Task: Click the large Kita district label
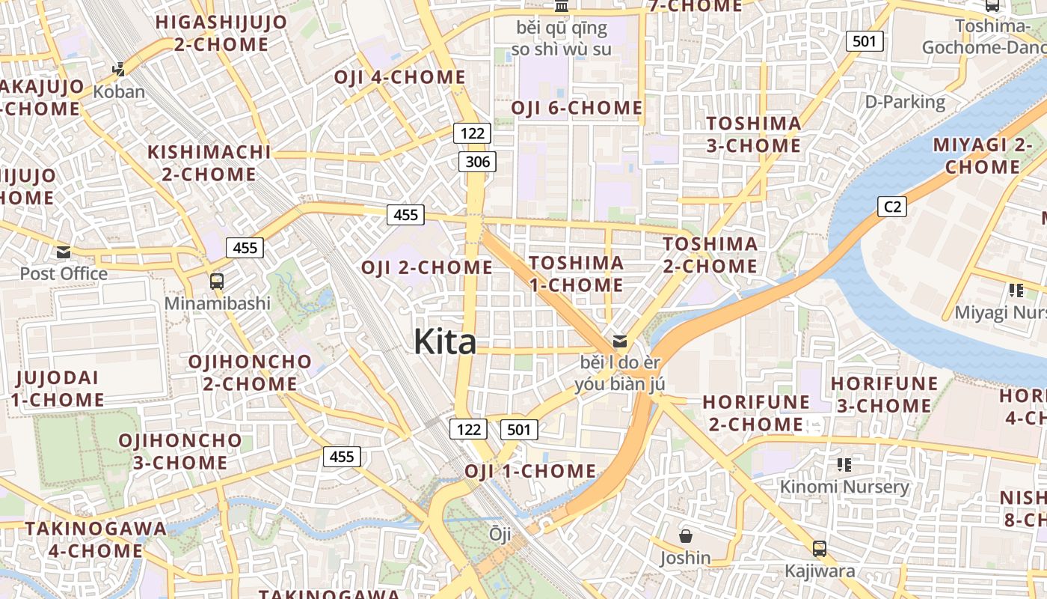pyautogui.click(x=445, y=342)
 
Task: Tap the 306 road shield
pyautogui.click(x=477, y=161)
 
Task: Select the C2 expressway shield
pyautogui.click(x=891, y=206)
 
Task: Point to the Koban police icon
pyautogui.click(x=118, y=70)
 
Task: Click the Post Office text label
pyautogui.click(x=64, y=273)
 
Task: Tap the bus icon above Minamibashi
pyautogui.click(x=216, y=282)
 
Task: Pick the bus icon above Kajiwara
pyautogui.click(x=820, y=549)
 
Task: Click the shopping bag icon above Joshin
pyautogui.click(x=685, y=536)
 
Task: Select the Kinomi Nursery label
pyautogui.click(x=844, y=487)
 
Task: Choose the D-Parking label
pyautogui.click(x=905, y=102)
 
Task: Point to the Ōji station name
pyautogui.click(x=500, y=534)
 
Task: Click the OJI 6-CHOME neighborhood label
pyautogui.click(x=577, y=108)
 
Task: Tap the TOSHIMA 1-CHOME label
pyautogui.click(x=576, y=273)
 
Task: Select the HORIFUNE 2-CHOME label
pyautogui.click(x=756, y=413)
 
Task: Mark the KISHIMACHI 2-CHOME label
pyautogui.click(x=209, y=162)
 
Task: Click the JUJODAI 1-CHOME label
pyautogui.click(x=57, y=388)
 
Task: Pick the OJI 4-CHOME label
pyautogui.click(x=399, y=77)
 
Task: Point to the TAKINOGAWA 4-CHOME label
pyautogui.click(x=95, y=539)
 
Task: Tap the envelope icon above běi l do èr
pyautogui.click(x=620, y=341)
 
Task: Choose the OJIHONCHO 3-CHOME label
pyautogui.click(x=180, y=451)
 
